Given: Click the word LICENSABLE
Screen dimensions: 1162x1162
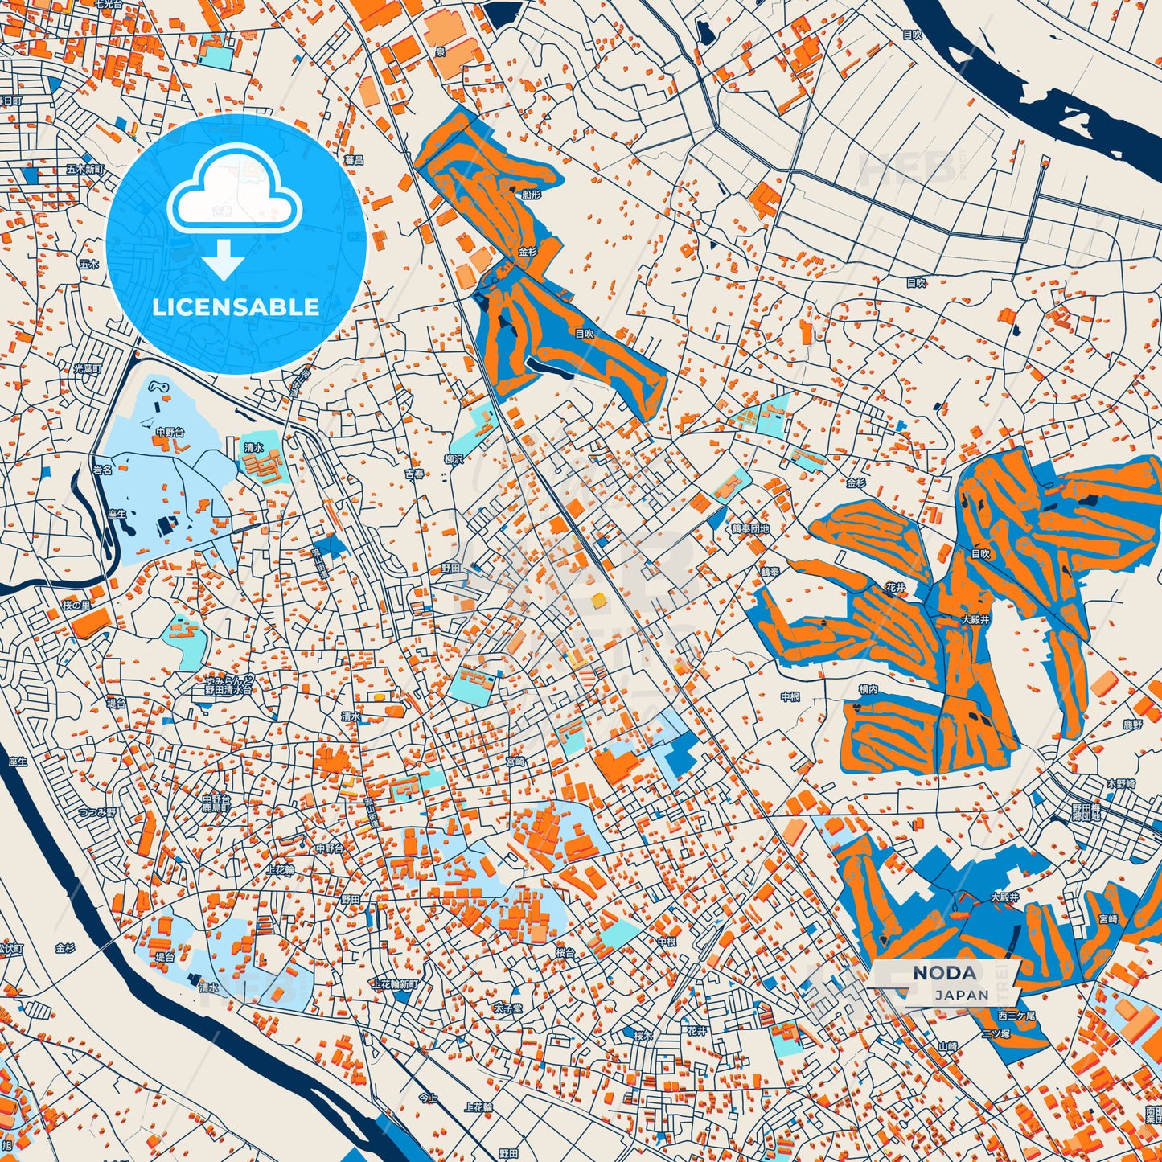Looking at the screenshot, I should pyautogui.click(x=236, y=307).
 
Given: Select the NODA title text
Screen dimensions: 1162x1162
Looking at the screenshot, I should pyautogui.click(x=945, y=973).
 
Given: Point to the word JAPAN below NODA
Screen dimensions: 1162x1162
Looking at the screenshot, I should pyautogui.click(x=962, y=995).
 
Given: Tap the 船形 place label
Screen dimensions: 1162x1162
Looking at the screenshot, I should pyautogui.click(x=531, y=195).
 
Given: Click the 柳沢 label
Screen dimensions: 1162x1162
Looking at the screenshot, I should pyautogui.click(x=454, y=459).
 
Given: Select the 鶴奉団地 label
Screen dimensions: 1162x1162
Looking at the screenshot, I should pyautogui.click(x=750, y=529).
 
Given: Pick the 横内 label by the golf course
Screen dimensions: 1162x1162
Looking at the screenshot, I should pyautogui.click(x=868, y=689).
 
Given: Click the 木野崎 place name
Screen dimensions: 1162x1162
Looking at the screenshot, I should pyautogui.click(x=1121, y=783).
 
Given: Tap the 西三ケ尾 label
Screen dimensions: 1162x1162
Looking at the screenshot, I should pyautogui.click(x=1017, y=1016).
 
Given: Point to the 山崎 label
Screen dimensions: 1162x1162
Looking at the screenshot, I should pyautogui.click(x=948, y=1046).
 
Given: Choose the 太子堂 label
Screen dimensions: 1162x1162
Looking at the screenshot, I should pyautogui.click(x=507, y=1008).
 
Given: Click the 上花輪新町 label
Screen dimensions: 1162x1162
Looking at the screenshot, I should pyautogui.click(x=395, y=984).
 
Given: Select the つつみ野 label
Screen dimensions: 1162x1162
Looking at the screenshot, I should pyautogui.click(x=96, y=813).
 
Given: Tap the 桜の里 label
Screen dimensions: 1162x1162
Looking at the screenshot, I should pyautogui.click(x=76, y=606).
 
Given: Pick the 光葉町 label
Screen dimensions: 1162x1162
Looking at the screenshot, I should pyautogui.click(x=88, y=369).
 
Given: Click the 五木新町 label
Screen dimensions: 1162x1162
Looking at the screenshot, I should pyautogui.click(x=85, y=170).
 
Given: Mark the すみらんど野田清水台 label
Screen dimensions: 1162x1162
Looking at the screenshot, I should pyautogui.click(x=228, y=684).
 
